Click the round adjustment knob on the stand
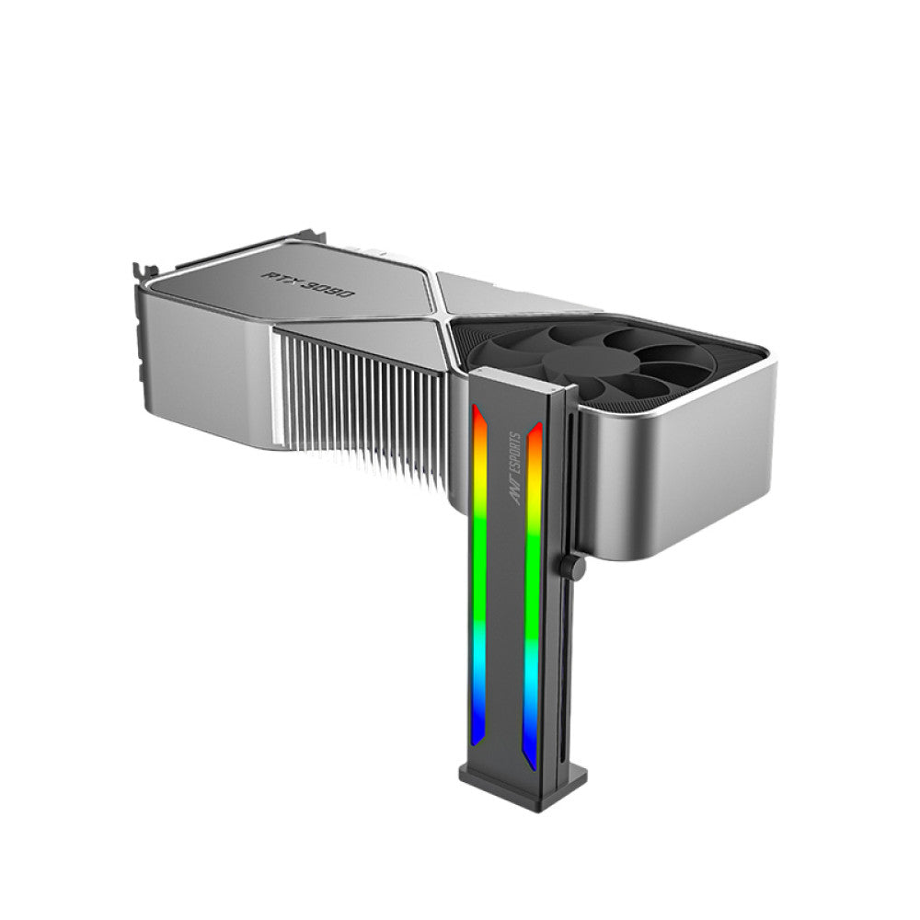[574, 568]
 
